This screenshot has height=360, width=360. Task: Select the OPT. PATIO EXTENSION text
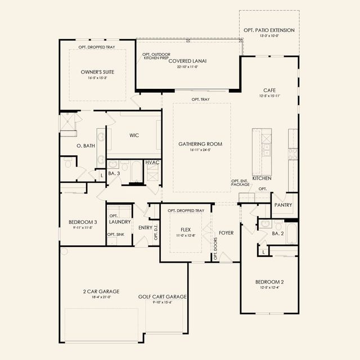pyautogui.click(x=269, y=30)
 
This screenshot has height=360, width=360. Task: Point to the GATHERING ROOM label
pyautogui.click(x=201, y=144)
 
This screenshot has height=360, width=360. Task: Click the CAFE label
pyautogui.click(x=269, y=90)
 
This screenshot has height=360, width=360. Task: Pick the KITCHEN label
pyautogui.click(x=262, y=178)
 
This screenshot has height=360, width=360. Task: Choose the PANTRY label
pyautogui.click(x=283, y=205)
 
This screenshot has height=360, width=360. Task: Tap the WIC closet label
pyautogui.click(x=134, y=135)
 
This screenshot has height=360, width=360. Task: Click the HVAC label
pyautogui.click(x=152, y=163)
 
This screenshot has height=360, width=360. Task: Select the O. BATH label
pyautogui.click(x=85, y=146)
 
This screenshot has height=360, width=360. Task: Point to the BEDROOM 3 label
pyautogui.click(x=83, y=222)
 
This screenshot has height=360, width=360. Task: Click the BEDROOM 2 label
pyautogui.click(x=269, y=282)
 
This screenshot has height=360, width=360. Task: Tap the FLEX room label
pyautogui.click(x=186, y=229)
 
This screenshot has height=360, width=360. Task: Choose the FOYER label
pyautogui.click(x=226, y=232)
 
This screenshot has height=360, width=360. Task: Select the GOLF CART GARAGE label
pyautogui.click(x=163, y=296)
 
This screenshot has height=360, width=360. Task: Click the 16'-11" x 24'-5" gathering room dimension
pyautogui.click(x=201, y=151)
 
